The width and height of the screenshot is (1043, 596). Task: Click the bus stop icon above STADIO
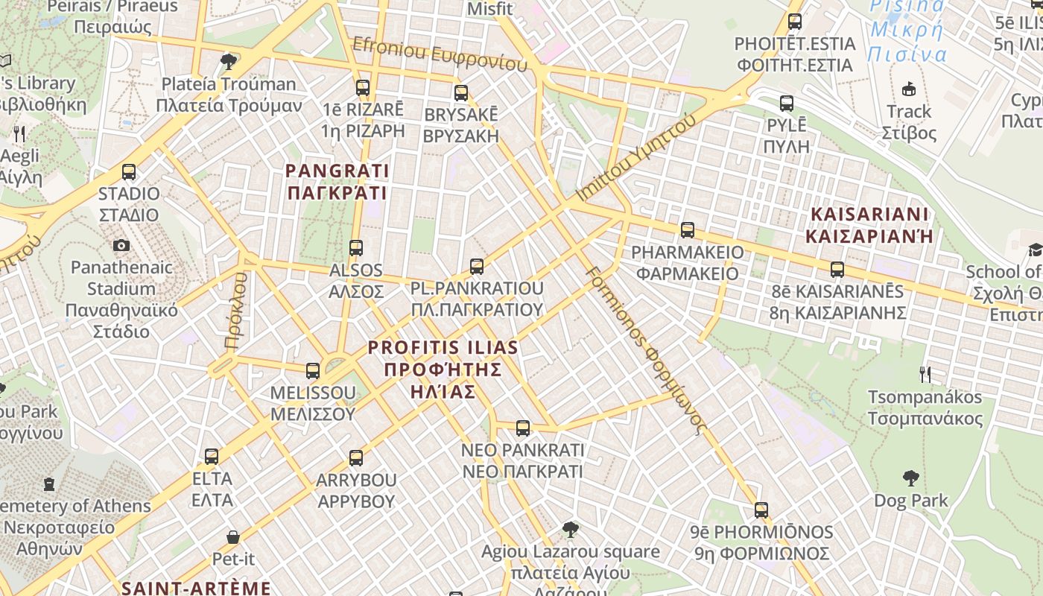click(x=129, y=172)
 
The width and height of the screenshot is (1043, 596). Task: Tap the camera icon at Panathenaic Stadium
click(x=121, y=245)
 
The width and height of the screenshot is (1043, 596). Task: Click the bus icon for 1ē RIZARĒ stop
click(x=363, y=88)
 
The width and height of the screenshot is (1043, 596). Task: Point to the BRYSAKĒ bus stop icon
click(x=461, y=93)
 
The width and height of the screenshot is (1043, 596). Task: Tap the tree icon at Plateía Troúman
click(x=229, y=61)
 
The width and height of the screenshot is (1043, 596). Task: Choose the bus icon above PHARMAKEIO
click(x=688, y=230)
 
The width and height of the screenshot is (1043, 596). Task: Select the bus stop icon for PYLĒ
click(x=787, y=104)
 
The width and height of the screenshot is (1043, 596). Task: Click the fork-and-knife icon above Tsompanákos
click(x=925, y=374)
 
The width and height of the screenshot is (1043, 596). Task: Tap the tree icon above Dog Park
click(x=910, y=478)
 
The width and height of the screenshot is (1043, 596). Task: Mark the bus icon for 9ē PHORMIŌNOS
click(x=761, y=510)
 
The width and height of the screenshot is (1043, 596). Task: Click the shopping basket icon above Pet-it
click(x=233, y=537)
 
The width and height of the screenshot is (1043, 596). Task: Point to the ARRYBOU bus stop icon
click(x=356, y=457)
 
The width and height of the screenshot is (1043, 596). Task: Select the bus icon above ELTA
click(x=212, y=456)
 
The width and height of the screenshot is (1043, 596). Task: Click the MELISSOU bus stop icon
click(x=313, y=370)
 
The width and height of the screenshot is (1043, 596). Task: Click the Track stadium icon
click(x=909, y=89)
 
